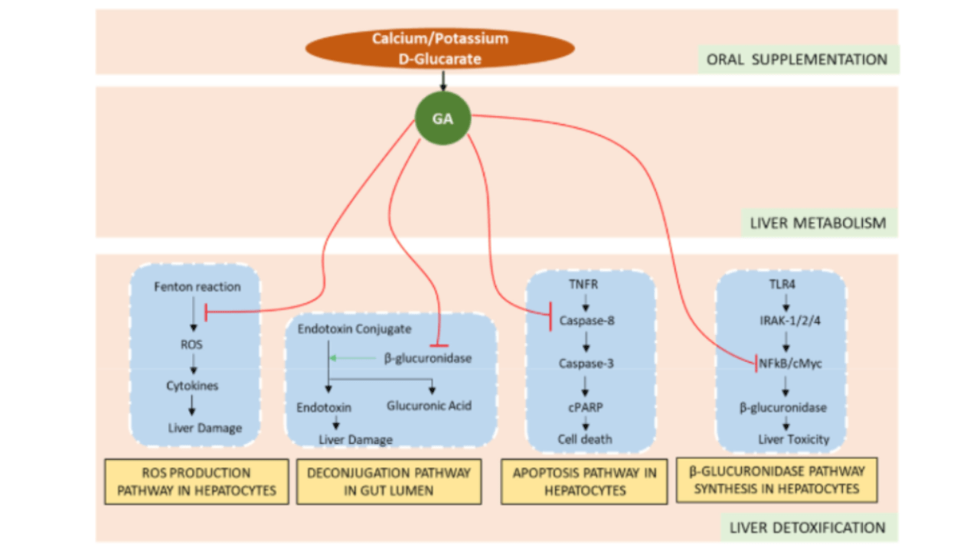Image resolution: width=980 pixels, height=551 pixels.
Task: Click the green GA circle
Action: [x=442, y=119]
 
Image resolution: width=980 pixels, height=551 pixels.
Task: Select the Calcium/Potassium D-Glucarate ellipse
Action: [x=440, y=48]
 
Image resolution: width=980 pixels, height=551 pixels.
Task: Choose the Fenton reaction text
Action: [x=197, y=287]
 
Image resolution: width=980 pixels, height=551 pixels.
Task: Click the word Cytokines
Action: [x=192, y=386]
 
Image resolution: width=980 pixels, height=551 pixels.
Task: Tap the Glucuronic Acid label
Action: [x=429, y=406]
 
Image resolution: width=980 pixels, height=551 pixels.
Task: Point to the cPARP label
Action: [x=585, y=407]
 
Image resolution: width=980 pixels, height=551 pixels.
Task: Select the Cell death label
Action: [x=585, y=439]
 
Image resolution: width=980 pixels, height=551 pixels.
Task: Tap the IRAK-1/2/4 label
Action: [x=782, y=321]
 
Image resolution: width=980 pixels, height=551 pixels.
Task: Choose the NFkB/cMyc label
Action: [x=789, y=363]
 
